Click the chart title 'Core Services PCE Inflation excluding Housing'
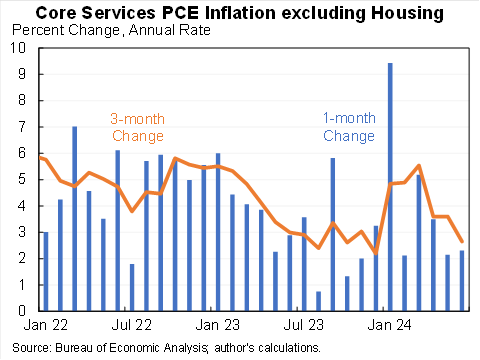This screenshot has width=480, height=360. (240, 12)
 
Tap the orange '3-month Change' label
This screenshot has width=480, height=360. (137, 127)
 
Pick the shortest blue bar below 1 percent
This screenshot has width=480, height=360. (318, 301)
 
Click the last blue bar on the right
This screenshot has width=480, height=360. (461, 281)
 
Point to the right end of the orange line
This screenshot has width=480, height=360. (461, 241)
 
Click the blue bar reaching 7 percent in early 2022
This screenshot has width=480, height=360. (74, 219)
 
